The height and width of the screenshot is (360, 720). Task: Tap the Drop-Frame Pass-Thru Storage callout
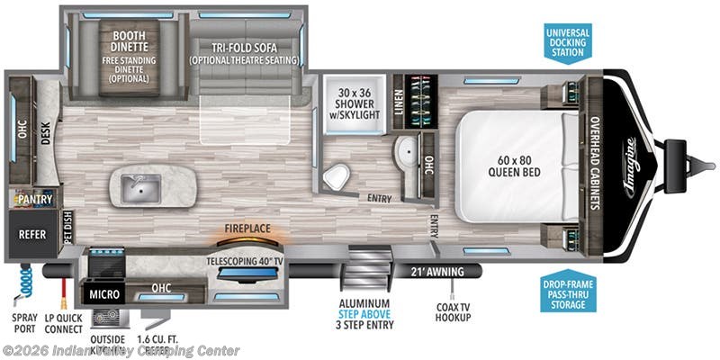569,287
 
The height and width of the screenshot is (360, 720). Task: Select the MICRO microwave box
104,293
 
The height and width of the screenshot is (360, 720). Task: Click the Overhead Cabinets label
595,162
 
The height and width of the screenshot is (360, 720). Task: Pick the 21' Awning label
438,272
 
